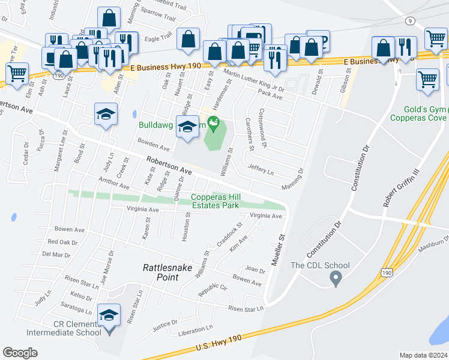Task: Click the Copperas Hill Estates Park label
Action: pyautogui.click(x=215, y=201)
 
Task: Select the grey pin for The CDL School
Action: pyautogui.click(x=336, y=278)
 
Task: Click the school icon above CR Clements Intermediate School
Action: pyautogui.click(x=109, y=316)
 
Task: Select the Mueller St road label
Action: pyautogui.click(x=279, y=247)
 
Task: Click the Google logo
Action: pyautogui.click(x=20, y=352)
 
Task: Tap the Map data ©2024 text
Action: pyautogui.click(x=423, y=355)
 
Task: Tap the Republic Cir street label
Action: pyautogui.click(x=214, y=290)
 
